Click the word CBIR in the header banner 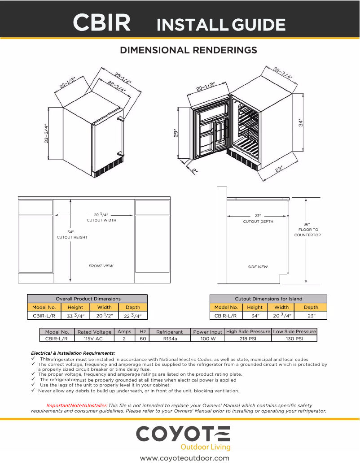coord(102,22)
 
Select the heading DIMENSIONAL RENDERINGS coord(189,50)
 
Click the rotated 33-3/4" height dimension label coord(46,134)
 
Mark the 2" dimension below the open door coord(194,170)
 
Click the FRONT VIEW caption coord(101,266)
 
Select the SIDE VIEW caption coord(258,267)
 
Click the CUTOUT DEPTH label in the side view coord(258,222)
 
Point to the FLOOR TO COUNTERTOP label coord(307,232)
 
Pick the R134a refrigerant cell coord(169,339)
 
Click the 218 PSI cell coord(248,339)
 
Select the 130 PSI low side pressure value coord(294,339)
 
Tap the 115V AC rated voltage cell coord(94,339)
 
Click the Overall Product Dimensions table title coord(88,299)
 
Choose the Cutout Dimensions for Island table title coord(268,299)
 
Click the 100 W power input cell coord(208,339)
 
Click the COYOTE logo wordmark coord(183,434)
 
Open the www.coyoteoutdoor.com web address coord(184,458)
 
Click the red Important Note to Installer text coord(77,405)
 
